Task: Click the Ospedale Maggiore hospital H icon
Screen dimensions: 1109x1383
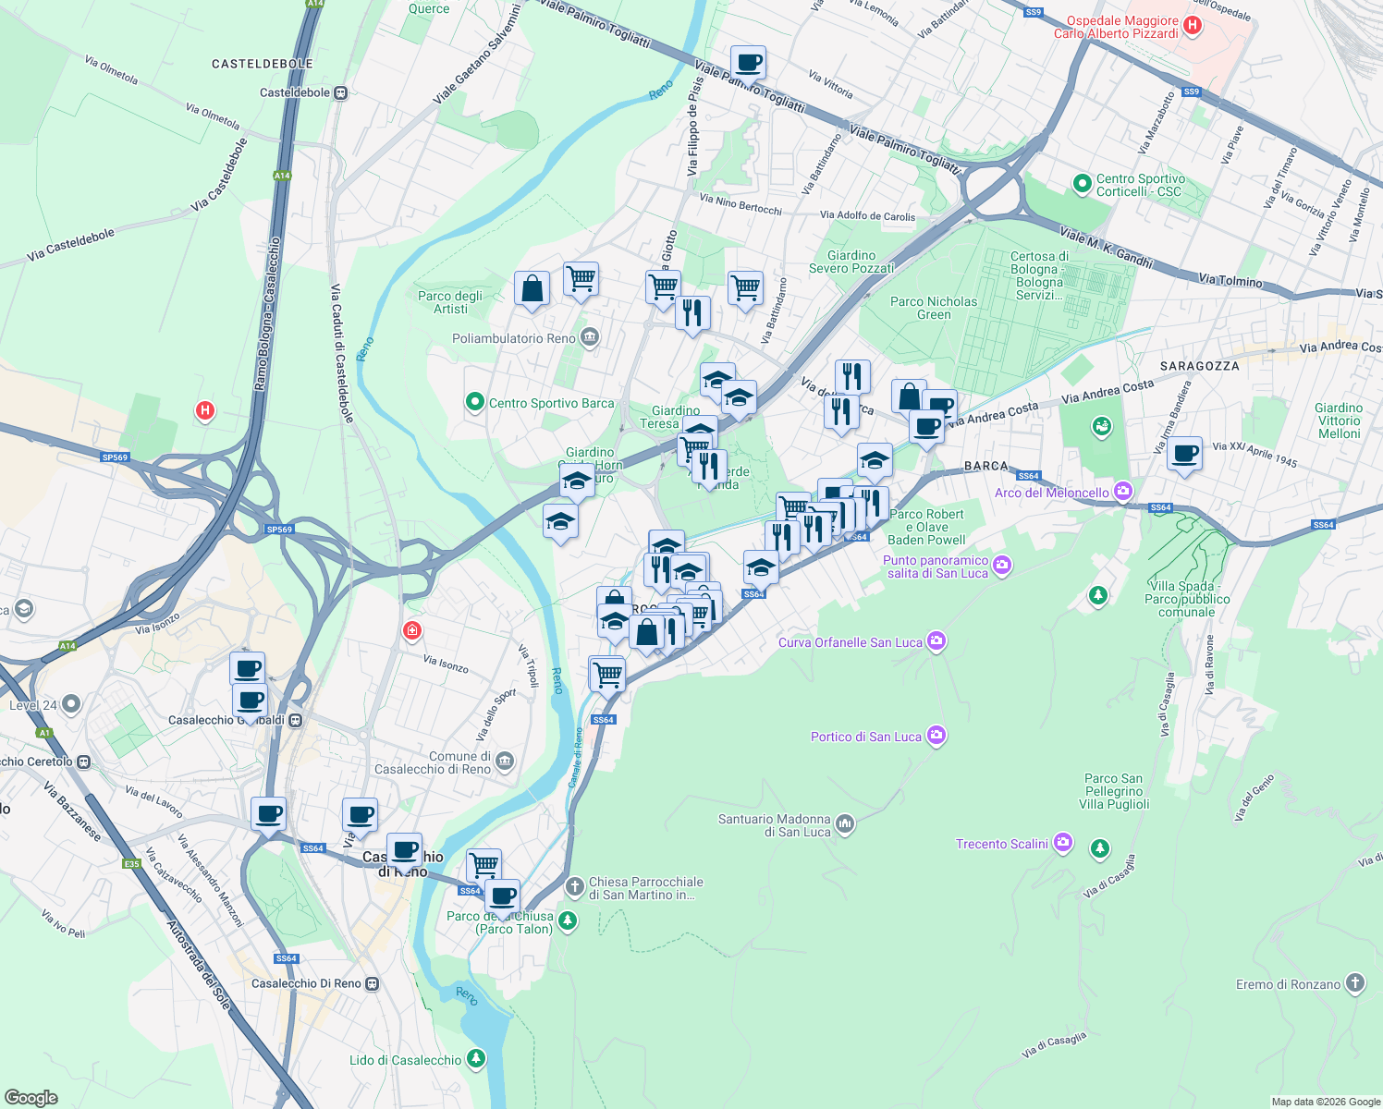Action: click(1193, 26)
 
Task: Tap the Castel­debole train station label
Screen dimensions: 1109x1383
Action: click(295, 92)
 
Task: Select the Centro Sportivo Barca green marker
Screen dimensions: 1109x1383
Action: click(475, 402)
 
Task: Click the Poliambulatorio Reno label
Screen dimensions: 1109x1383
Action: click(514, 338)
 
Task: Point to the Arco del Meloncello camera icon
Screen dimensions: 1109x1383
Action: click(1123, 492)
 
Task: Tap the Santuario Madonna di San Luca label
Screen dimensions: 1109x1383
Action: click(775, 825)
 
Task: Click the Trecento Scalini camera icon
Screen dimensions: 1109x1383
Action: click(1063, 843)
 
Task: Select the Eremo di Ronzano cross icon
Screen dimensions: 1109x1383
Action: click(1355, 983)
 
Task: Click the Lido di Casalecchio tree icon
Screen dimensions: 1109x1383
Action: click(476, 1059)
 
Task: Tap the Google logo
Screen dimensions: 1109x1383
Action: click(31, 1097)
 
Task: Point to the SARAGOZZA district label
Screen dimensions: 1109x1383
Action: click(1199, 366)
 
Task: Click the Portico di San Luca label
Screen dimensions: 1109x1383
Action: click(866, 737)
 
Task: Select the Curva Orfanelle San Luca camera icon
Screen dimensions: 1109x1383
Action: click(936, 641)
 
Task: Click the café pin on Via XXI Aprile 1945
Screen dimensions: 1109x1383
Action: click(1184, 454)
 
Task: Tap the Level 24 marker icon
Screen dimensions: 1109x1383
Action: click(71, 704)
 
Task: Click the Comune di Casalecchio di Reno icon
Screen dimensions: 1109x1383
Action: click(505, 762)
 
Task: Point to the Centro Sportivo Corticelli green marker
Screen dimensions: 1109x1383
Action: click(1083, 184)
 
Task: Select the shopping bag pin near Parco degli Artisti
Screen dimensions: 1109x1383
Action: click(532, 288)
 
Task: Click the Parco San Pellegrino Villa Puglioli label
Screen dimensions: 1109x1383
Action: click(1113, 791)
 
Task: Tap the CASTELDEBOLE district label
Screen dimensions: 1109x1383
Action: click(263, 64)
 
